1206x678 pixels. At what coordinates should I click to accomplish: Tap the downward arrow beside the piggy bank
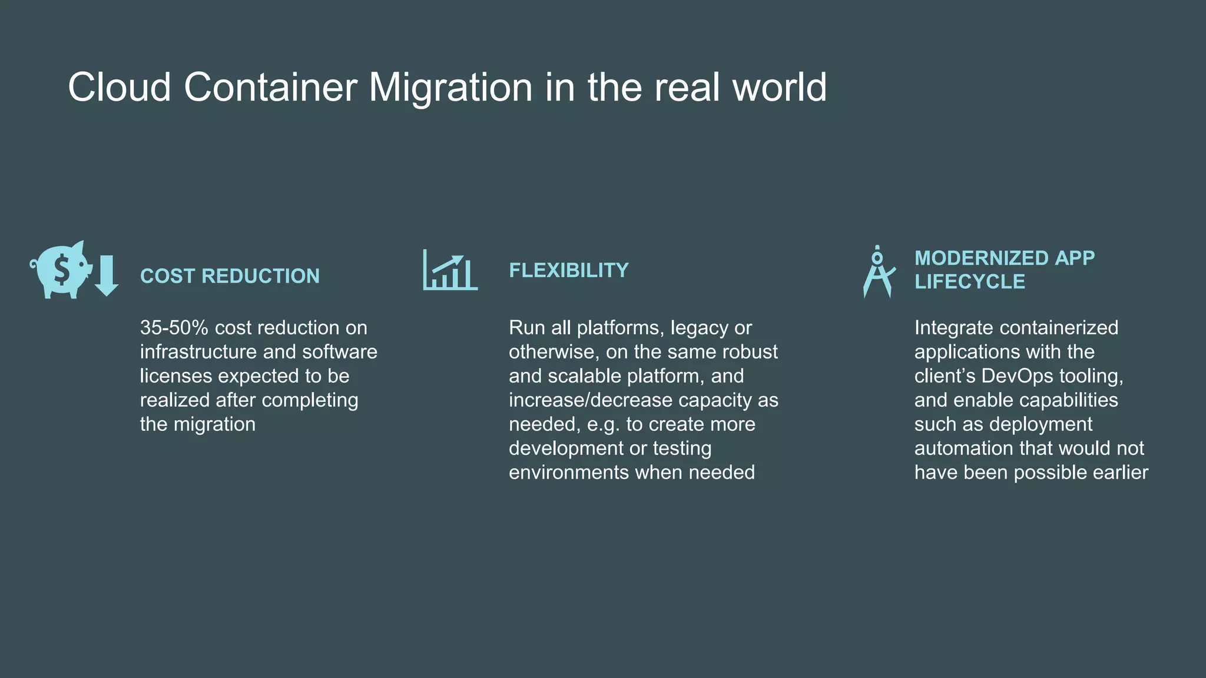107,275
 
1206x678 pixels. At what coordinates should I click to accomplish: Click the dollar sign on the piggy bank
61,270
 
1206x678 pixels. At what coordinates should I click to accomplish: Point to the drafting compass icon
878,272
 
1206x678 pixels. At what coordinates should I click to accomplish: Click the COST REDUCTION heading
230,276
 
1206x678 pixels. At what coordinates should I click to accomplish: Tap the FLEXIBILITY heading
569,270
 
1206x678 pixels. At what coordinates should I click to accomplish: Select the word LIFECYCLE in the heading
970,282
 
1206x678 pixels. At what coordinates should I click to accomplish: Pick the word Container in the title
270,87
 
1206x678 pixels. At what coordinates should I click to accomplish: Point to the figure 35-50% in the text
174,328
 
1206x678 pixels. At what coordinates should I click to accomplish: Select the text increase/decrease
591,400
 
